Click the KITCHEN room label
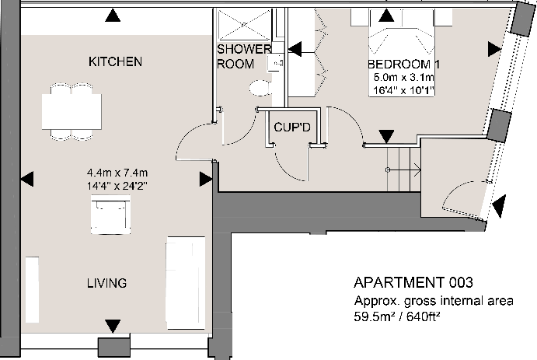pyautogui.click(x=115, y=61)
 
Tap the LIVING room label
pyautogui.click(x=106, y=283)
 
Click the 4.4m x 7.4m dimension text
pyautogui.click(x=117, y=173)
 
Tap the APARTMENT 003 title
pyautogui.click(x=413, y=282)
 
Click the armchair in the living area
pyautogui.click(x=110, y=215)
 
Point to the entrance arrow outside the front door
pyautogui.click(x=498, y=205)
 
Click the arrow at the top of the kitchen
pyautogui.click(x=114, y=14)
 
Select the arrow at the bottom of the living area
pyautogui.click(x=113, y=325)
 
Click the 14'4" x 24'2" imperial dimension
pyautogui.click(x=117, y=187)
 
